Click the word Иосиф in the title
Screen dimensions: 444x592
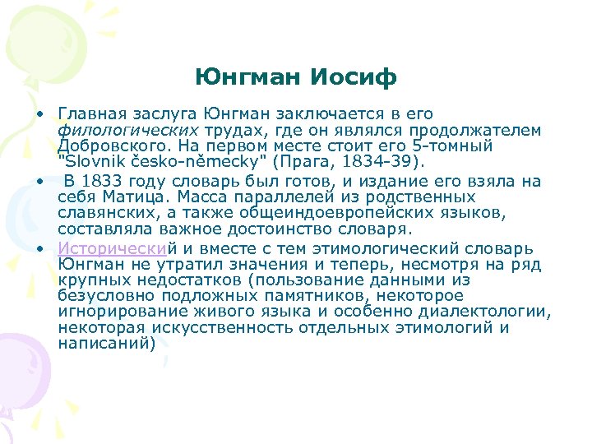(x=356, y=77)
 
